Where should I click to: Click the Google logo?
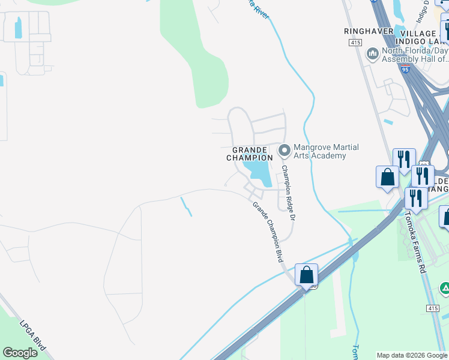pos(20,353)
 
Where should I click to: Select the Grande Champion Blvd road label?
pos(268,232)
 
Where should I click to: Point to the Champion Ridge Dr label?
pos(289,192)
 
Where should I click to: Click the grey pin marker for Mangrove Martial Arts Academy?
pos(284,149)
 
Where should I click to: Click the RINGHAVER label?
pos(369,31)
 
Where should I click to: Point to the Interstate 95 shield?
pos(406,70)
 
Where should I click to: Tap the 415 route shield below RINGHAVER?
pos(355,43)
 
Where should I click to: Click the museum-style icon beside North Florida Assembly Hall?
pos(372,54)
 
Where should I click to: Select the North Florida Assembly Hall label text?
pos(415,55)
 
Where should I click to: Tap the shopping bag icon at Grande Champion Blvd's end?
pos(306,276)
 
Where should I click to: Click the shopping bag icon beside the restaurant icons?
pos(387,178)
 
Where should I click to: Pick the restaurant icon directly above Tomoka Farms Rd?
pos(416,198)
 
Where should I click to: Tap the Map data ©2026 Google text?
pos(412,355)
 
